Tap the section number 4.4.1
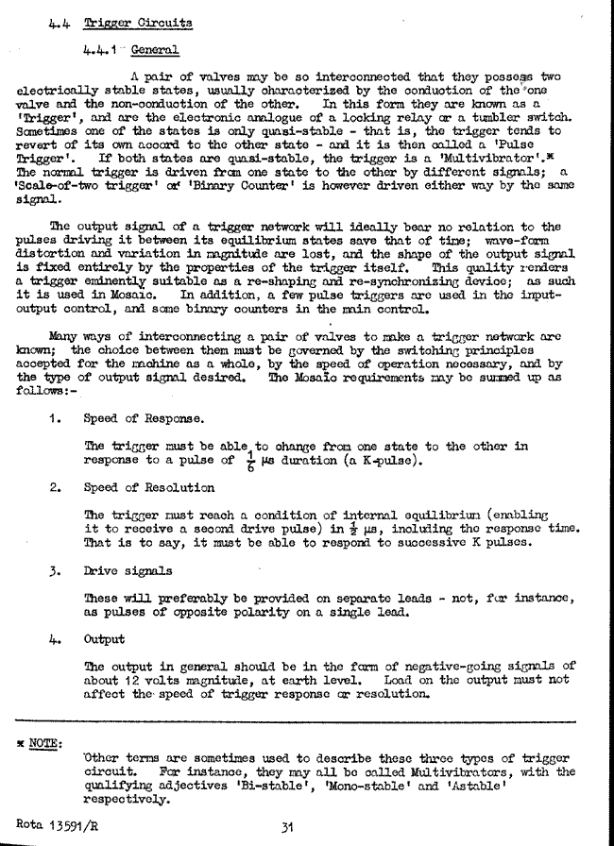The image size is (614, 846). pos(101,46)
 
